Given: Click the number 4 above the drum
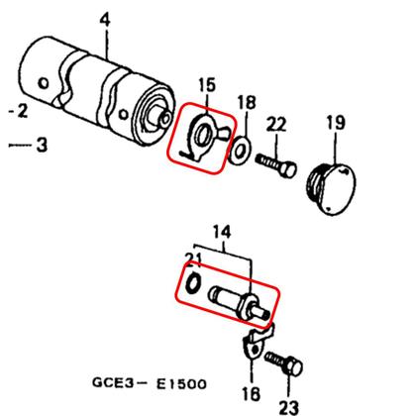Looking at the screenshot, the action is pos(105,20).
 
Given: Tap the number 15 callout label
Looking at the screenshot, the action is pos(207,84).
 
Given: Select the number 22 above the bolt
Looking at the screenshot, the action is pos(276,125).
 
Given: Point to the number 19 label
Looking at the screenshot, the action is pos(336,122).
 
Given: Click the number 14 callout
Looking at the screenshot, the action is pos(222,232).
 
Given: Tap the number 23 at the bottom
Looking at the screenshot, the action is pos(289,407).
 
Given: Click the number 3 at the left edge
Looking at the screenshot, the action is pos(42,145).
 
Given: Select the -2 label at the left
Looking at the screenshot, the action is pos(18,111).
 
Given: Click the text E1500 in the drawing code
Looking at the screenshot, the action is pos(181,384).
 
